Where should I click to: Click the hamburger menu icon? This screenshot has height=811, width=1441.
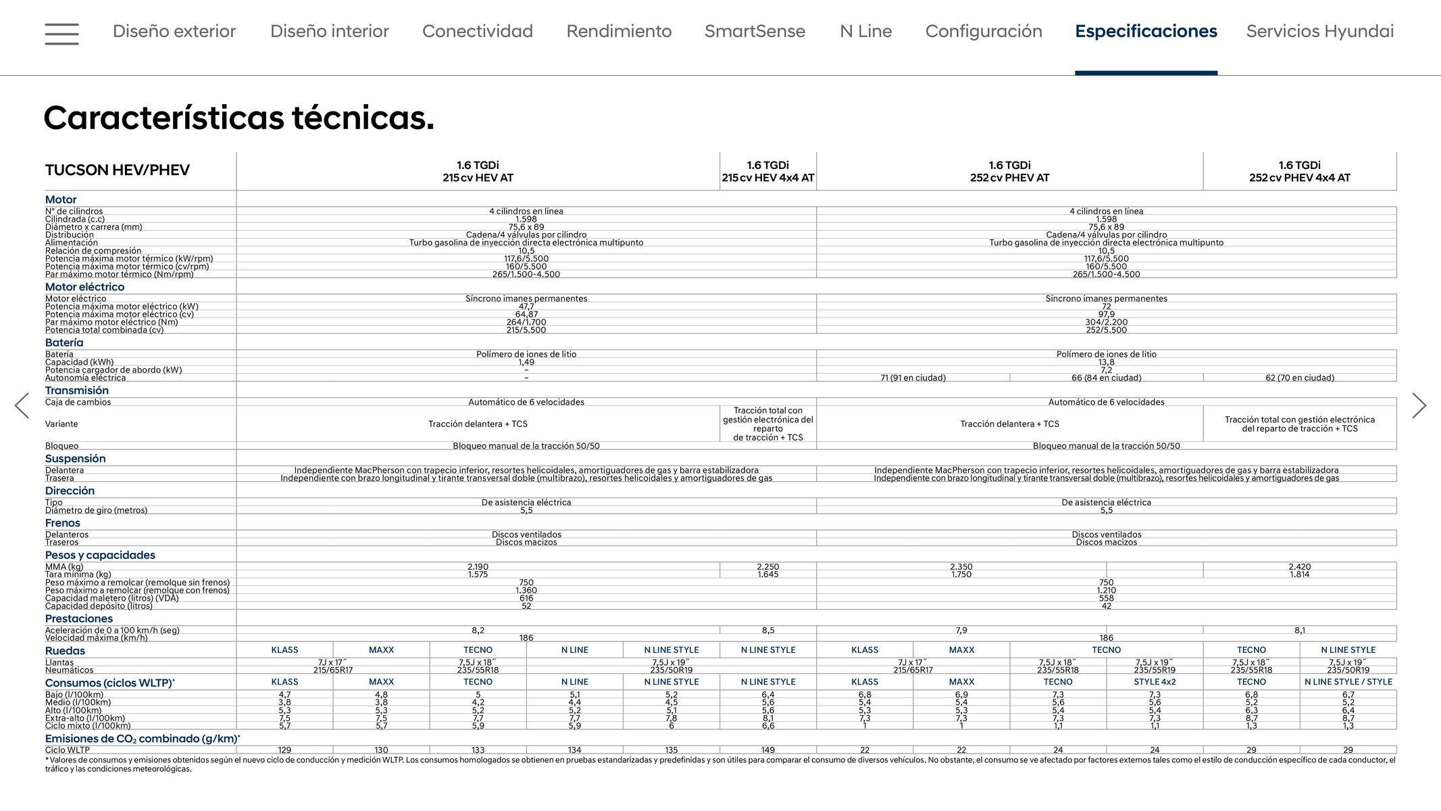61,33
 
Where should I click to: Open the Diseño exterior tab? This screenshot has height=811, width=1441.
174,31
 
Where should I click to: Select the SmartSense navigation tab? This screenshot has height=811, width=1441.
755,31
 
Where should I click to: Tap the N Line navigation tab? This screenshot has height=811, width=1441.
865,31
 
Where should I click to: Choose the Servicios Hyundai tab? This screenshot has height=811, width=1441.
1319,31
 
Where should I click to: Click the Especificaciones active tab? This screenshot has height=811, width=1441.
1146,31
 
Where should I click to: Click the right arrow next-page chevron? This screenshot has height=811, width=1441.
1419,405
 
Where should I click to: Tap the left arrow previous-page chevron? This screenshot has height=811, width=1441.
22,405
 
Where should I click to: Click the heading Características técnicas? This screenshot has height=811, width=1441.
238,118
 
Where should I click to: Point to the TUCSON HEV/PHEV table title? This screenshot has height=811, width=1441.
118,170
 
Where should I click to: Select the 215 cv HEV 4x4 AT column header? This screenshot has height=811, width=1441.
767,172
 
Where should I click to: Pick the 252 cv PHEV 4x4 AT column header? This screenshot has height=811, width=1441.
1299,172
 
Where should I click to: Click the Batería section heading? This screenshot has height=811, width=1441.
64,343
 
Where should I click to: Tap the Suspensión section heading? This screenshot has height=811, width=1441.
75,458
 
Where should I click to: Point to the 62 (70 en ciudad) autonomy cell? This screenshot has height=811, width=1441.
1299,378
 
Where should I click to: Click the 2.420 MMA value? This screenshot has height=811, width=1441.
1299,567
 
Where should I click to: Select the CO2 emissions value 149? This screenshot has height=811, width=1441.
767,749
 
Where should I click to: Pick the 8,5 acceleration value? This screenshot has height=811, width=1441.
767,630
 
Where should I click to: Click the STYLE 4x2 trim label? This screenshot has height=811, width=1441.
1155,682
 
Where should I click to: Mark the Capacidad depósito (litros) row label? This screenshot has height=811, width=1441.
99,606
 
